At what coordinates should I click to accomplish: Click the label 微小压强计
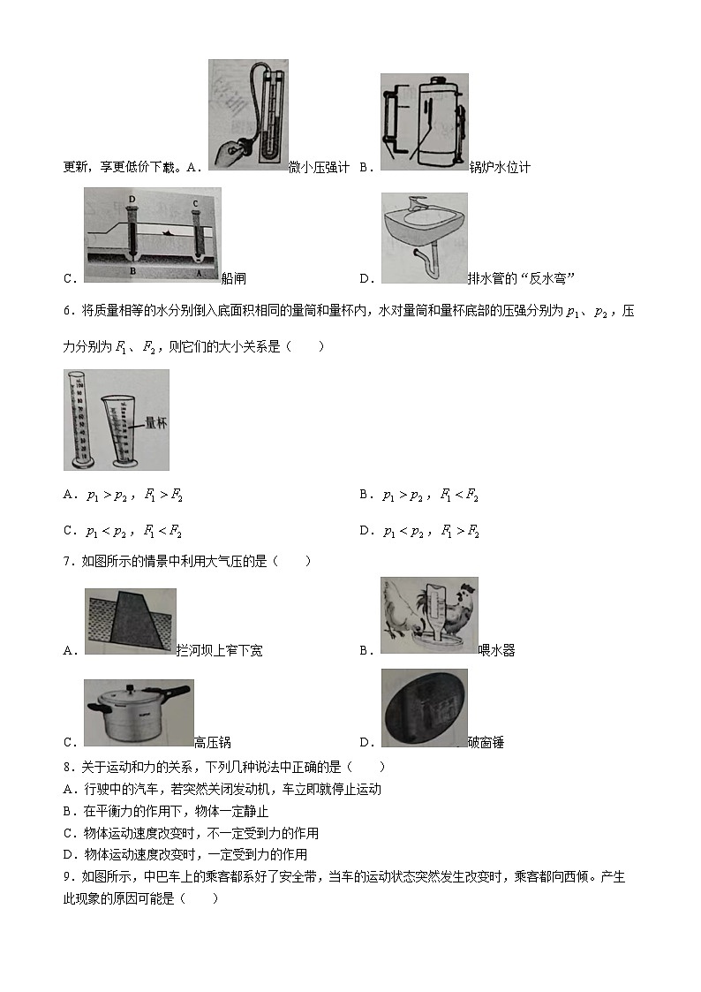pyautogui.click(x=319, y=167)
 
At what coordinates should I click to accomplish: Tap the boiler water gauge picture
pyautogui.click(x=424, y=122)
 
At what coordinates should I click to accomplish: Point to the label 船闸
pyautogui.click(x=234, y=278)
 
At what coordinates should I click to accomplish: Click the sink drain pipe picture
pyautogui.click(x=424, y=238)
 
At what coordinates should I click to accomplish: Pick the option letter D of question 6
pyautogui.click(x=364, y=531)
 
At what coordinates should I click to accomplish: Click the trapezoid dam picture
pyautogui.click(x=130, y=621)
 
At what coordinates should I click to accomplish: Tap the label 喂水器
pyautogui.click(x=496, y=651)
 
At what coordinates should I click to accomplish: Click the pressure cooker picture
pyautogui.click(x=138, y=714)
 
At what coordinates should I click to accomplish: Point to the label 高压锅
pyautogui.click(x=212, y=743)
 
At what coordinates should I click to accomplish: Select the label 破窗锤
pyautogui.click(x=486, y=743)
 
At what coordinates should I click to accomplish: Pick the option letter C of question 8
pyautogui.click(x=68, y=833)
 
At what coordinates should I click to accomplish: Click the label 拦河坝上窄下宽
pyautogui.click(x=219, y=651)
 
